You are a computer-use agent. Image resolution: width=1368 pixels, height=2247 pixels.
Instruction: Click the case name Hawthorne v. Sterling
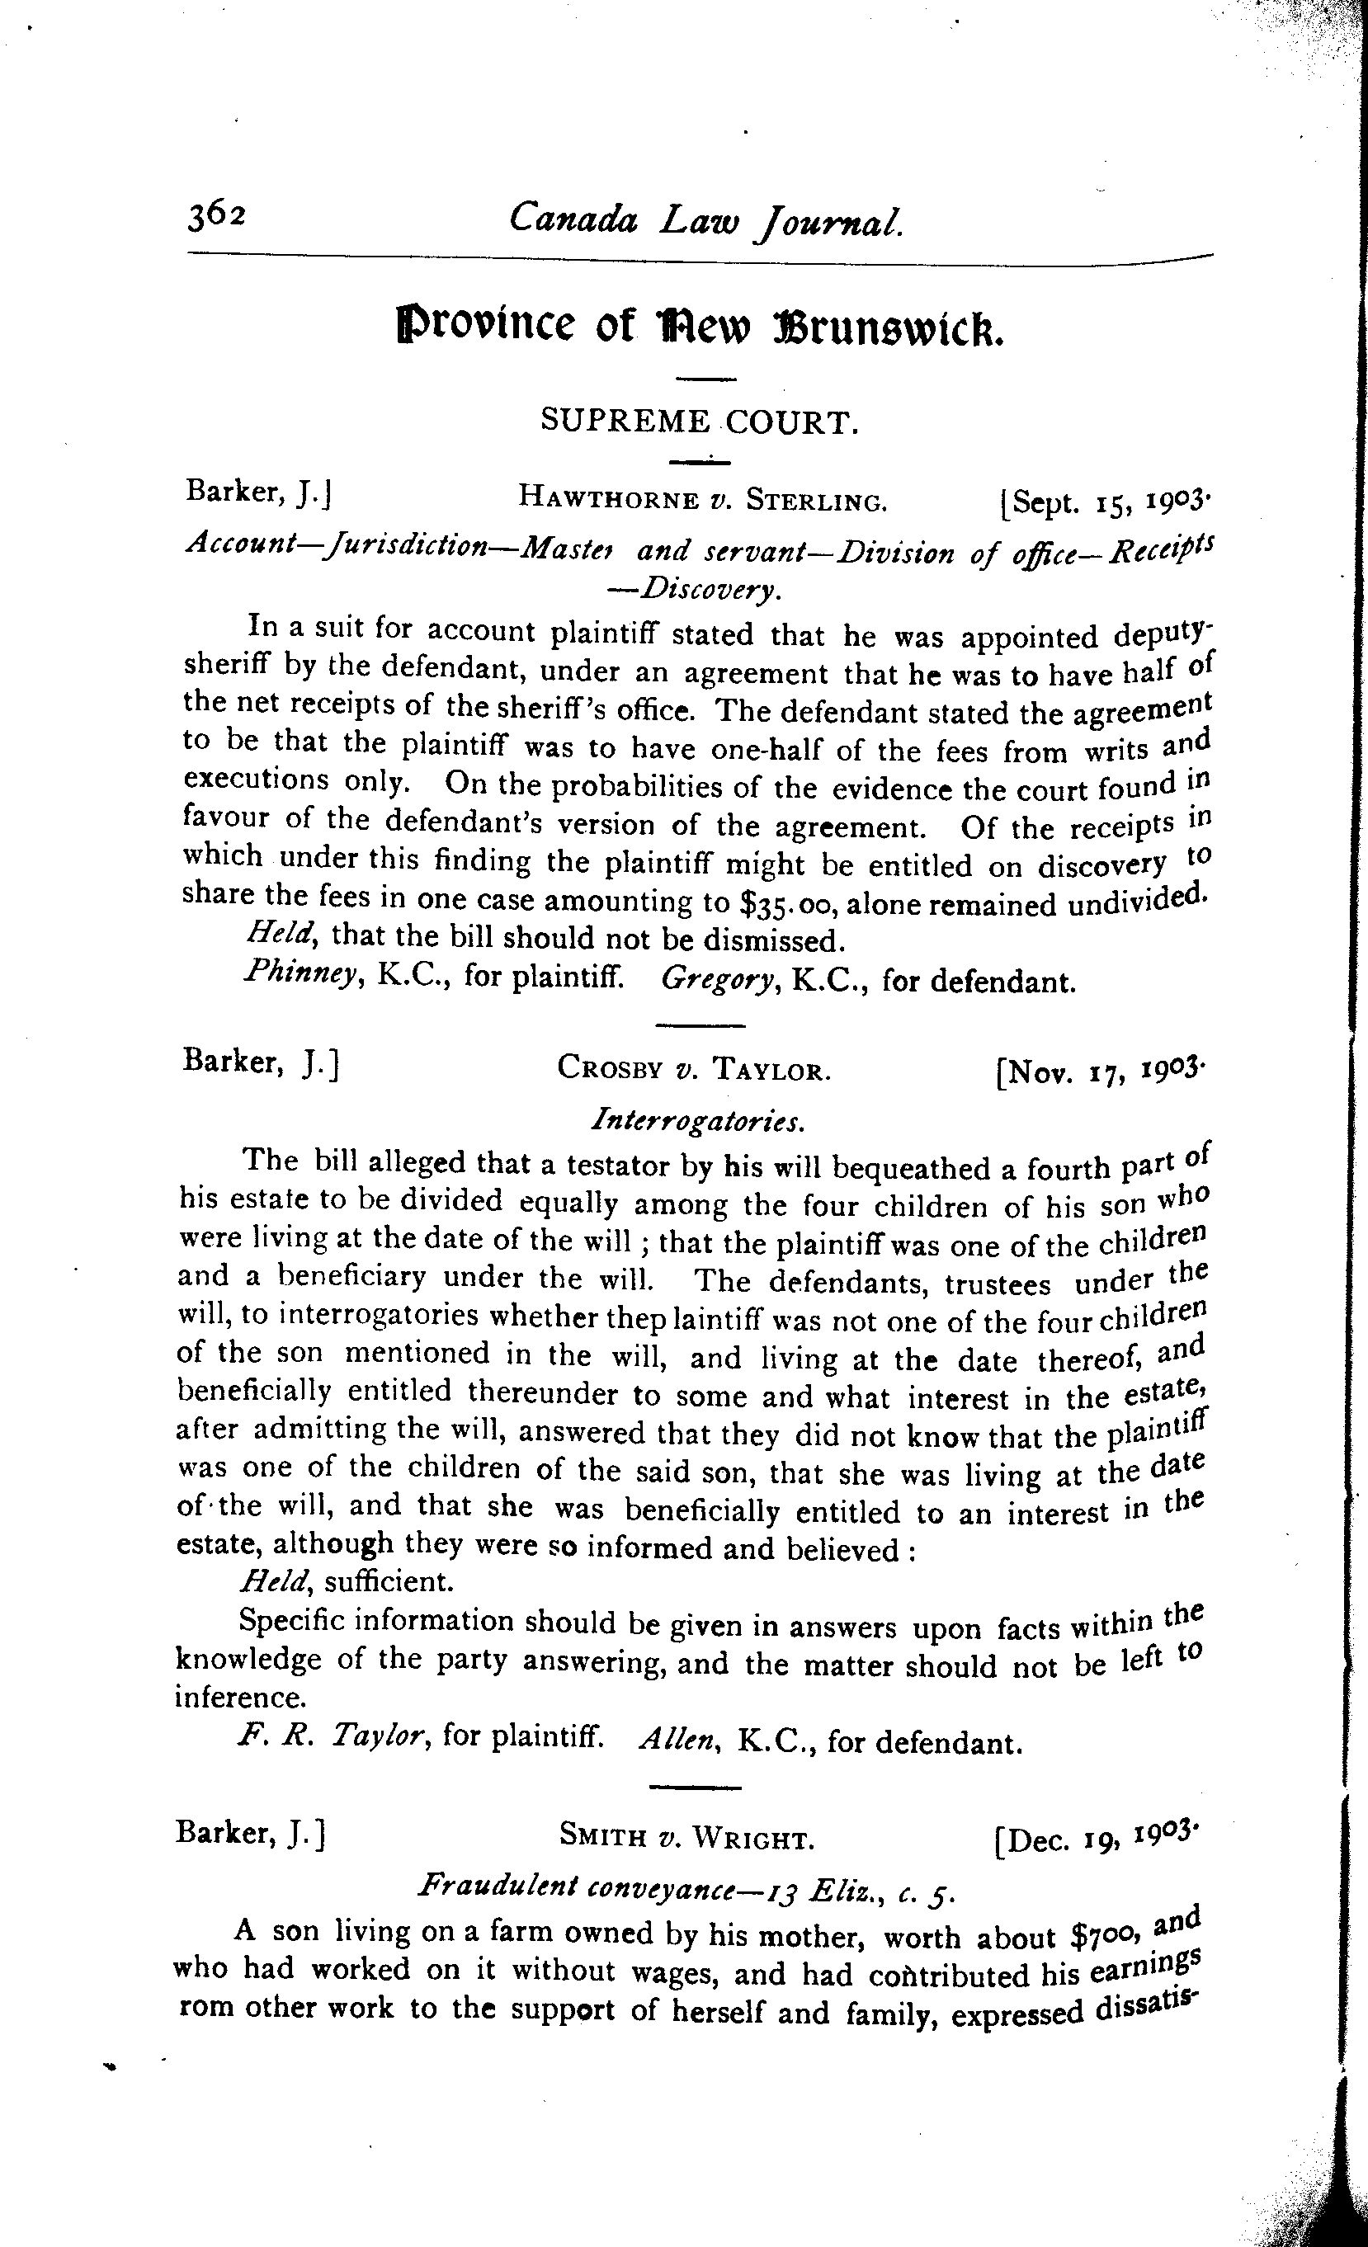pos(702,498)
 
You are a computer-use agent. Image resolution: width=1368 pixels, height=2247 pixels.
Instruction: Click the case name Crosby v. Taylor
pos(694,1067)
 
